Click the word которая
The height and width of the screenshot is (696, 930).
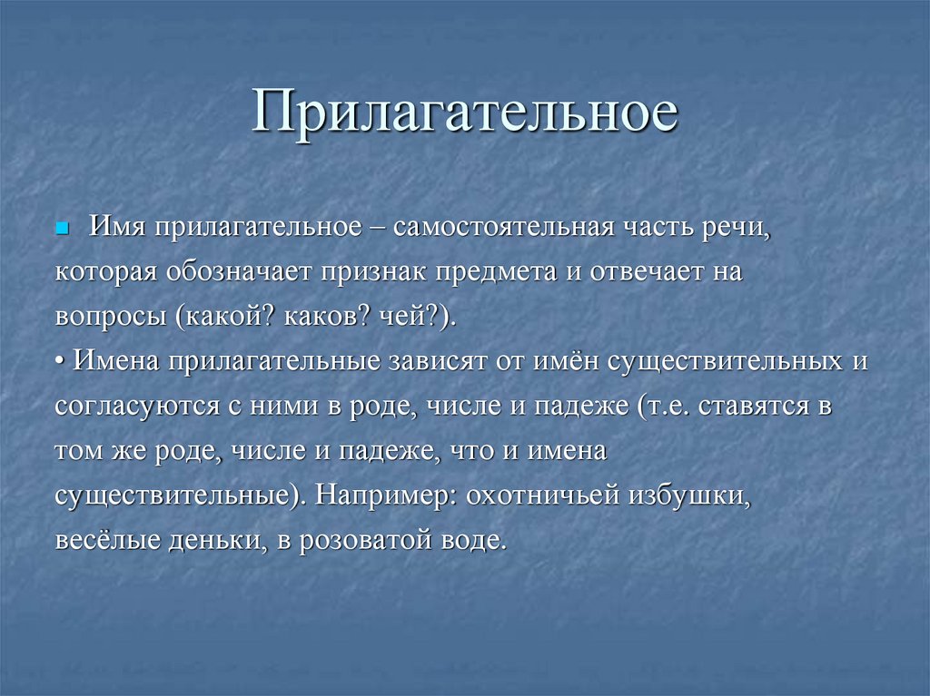[107, 272]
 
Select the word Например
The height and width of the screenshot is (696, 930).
[385, 496]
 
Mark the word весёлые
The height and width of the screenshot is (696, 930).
[103, 541]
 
